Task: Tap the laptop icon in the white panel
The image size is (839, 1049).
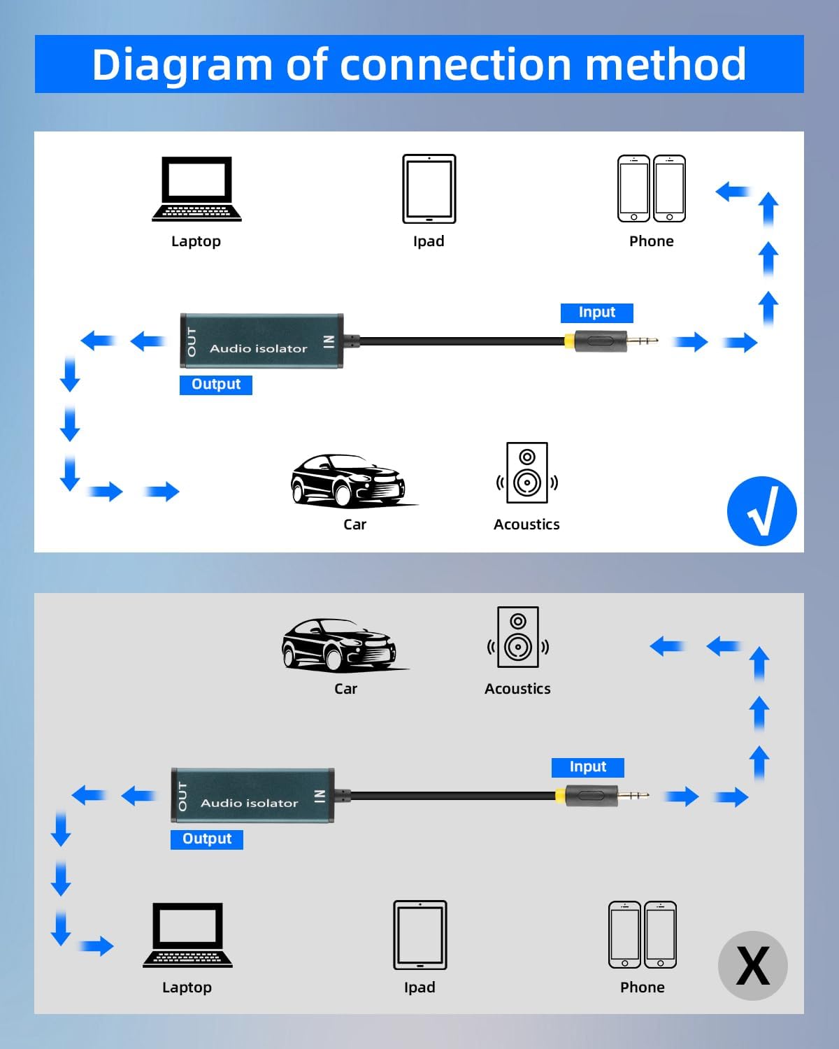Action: [x=196, y=189]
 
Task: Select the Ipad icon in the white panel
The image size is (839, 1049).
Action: [x=429, y=189]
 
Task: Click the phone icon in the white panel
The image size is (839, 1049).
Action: [x=652, y=189]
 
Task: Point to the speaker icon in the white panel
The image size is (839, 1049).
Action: [x=527, y=473]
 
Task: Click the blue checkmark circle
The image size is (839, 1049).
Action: [x=761, y=511]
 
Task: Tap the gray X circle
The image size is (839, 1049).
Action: [x=753, y=966]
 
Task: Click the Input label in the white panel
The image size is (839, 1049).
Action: [x=596, y=313]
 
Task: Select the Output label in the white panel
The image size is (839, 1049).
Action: [x=215, y=385]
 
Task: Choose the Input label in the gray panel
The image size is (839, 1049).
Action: [x=587, y=767]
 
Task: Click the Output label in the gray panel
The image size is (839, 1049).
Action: [x=206, y=839]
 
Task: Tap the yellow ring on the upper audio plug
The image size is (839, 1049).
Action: [x=570, y=341]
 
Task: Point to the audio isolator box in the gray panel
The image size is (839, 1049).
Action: [x=252, y=796]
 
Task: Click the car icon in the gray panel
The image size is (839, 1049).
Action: [x=339, y=644]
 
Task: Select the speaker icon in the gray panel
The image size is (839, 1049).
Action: [x=518, y=637]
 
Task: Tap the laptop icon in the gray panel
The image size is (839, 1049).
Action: [x=187, y=935]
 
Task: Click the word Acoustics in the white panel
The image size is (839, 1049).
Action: [x=526, y=524]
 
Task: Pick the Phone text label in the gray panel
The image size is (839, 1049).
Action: [x=642, y=987]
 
